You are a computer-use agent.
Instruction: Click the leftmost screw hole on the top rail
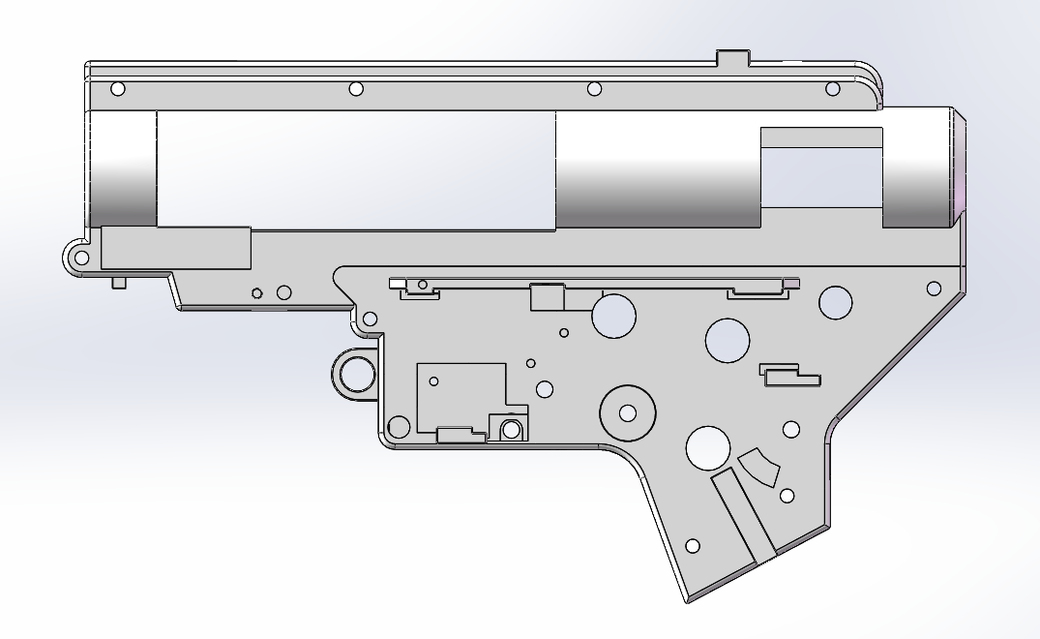tap(118, 89)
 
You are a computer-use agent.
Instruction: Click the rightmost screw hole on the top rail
tap(832, 89)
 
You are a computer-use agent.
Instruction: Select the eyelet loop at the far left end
tap(81, 258)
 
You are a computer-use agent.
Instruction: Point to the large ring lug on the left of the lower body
tap(355, 373)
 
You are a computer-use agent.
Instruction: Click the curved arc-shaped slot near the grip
tap(759, 469)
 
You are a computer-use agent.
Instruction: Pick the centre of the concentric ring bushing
tap(628, 413)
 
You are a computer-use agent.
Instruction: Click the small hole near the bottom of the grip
tap(692, 546)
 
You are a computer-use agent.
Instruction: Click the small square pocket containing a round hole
tap(510, 427)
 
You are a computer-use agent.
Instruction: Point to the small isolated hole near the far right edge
tap(934, 289)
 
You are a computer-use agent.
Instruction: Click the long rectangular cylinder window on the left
tap(355, 170)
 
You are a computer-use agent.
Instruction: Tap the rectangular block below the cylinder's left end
tap(176, 248)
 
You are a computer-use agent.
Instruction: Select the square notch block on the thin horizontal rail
tap(548, 296)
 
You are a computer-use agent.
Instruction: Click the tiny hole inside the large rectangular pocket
tap(434, 380)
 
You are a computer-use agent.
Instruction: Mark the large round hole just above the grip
tap(708, 447)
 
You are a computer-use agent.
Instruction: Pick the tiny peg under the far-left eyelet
tap(120, 283)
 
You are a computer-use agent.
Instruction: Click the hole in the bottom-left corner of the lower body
tap(398, 426)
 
